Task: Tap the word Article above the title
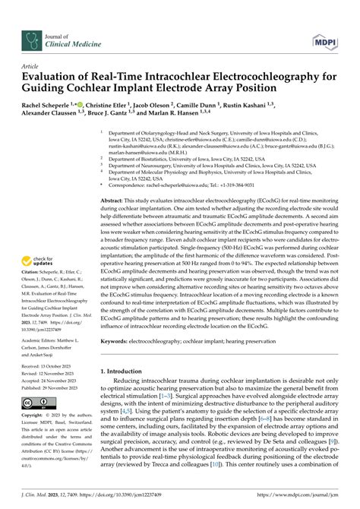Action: (x=32, y=67)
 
